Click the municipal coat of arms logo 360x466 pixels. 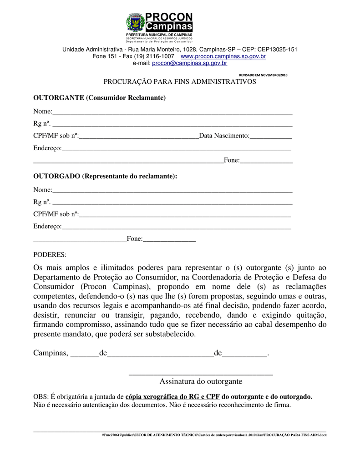tap(135, 22)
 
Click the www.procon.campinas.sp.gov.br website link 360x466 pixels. tap(223, 56)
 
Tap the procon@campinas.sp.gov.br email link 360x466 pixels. tap(189, 63)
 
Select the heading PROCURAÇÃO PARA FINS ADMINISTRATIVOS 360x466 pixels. tap(180, 81)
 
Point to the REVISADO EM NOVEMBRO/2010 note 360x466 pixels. tap(264, 75)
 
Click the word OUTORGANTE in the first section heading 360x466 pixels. tap(59, 98)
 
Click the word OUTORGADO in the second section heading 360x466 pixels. tap(57, 176)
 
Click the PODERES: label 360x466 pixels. tap(50, 254)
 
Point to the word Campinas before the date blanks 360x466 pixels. tap(50, 354)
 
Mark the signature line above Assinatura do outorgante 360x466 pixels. tap(201, 374)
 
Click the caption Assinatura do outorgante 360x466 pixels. tap(201, 381)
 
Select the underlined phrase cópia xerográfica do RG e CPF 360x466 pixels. tap(172, 397)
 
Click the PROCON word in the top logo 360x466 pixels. tap(169, 18)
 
